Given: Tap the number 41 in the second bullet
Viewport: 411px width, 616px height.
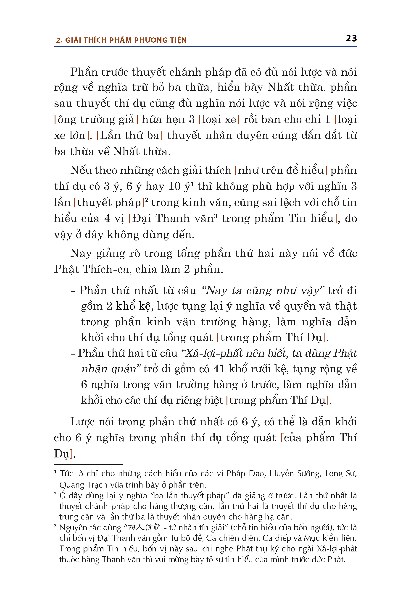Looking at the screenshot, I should click(219, 369).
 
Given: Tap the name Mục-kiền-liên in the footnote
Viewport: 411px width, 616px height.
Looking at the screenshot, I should click(330, 538).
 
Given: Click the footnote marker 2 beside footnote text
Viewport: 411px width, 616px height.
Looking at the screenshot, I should click(55, 494).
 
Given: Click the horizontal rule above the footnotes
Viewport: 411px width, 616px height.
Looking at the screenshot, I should click(88, 465).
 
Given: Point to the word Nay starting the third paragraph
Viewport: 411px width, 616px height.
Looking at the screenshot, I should click(81, 253).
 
